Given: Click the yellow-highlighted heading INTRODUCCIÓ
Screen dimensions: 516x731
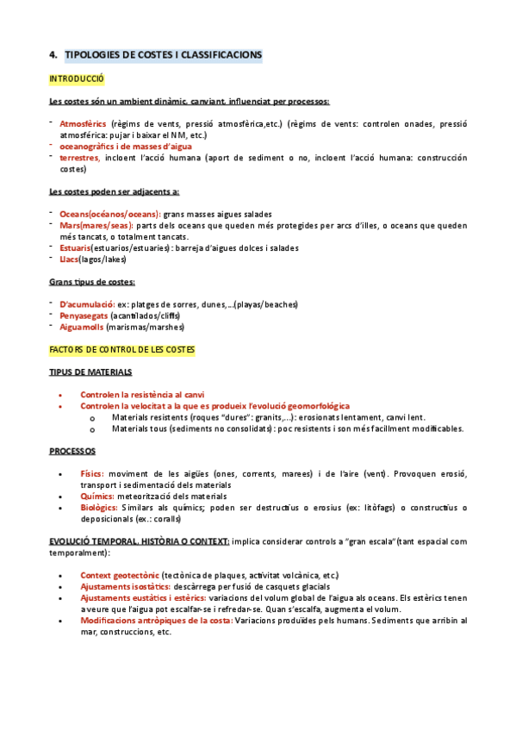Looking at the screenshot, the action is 77,79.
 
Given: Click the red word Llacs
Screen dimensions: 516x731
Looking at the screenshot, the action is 68,259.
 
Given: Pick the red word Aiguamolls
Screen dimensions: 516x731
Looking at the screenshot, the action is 80,327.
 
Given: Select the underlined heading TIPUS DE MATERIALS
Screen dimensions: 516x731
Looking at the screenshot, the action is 90,372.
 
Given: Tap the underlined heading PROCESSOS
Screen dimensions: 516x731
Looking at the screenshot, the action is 72,451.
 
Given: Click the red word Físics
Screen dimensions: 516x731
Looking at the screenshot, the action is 91,473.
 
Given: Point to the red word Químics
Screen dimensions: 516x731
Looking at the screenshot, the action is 96,497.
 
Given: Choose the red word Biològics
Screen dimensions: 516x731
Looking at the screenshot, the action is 99,508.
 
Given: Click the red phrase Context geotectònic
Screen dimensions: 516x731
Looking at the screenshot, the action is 120,575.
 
